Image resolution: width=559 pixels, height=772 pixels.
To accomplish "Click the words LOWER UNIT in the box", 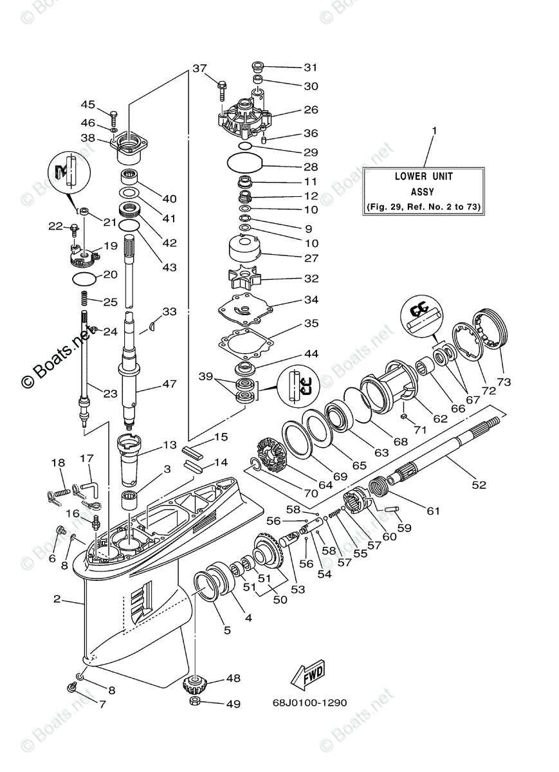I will pyautogui.click(x=423, y=176).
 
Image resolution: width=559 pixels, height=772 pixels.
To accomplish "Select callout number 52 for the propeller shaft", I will pyautogui.click(x=479, y=485).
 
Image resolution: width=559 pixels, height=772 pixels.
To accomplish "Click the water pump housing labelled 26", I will pyautogui.click(x=244, y=115).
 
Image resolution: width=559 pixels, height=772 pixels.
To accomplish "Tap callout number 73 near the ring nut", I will pyautogui.click(x=503, y=382).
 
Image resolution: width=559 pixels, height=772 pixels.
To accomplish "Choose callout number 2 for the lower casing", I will pyautogui.click(x=57, y=599).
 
